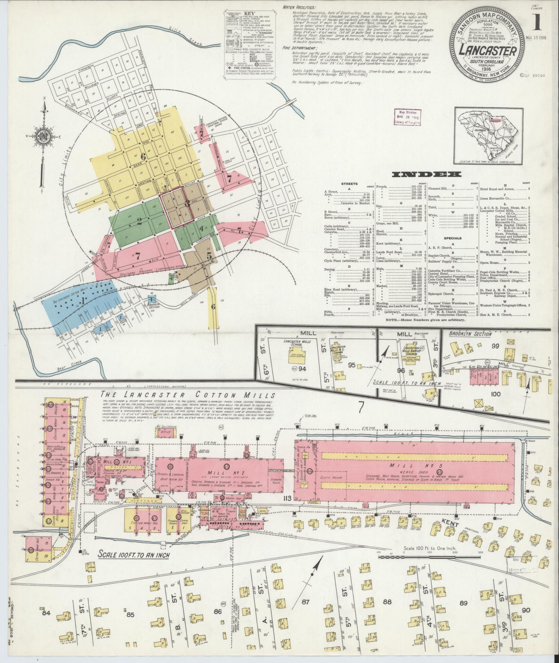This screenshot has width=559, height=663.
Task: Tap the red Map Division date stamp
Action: pyautogui.click(x=408, y=116)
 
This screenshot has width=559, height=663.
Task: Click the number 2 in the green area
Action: pyautogui.click(x=139, y=221)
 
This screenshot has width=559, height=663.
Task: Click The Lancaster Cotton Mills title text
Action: pyautogui.click(x=188, y=395)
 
